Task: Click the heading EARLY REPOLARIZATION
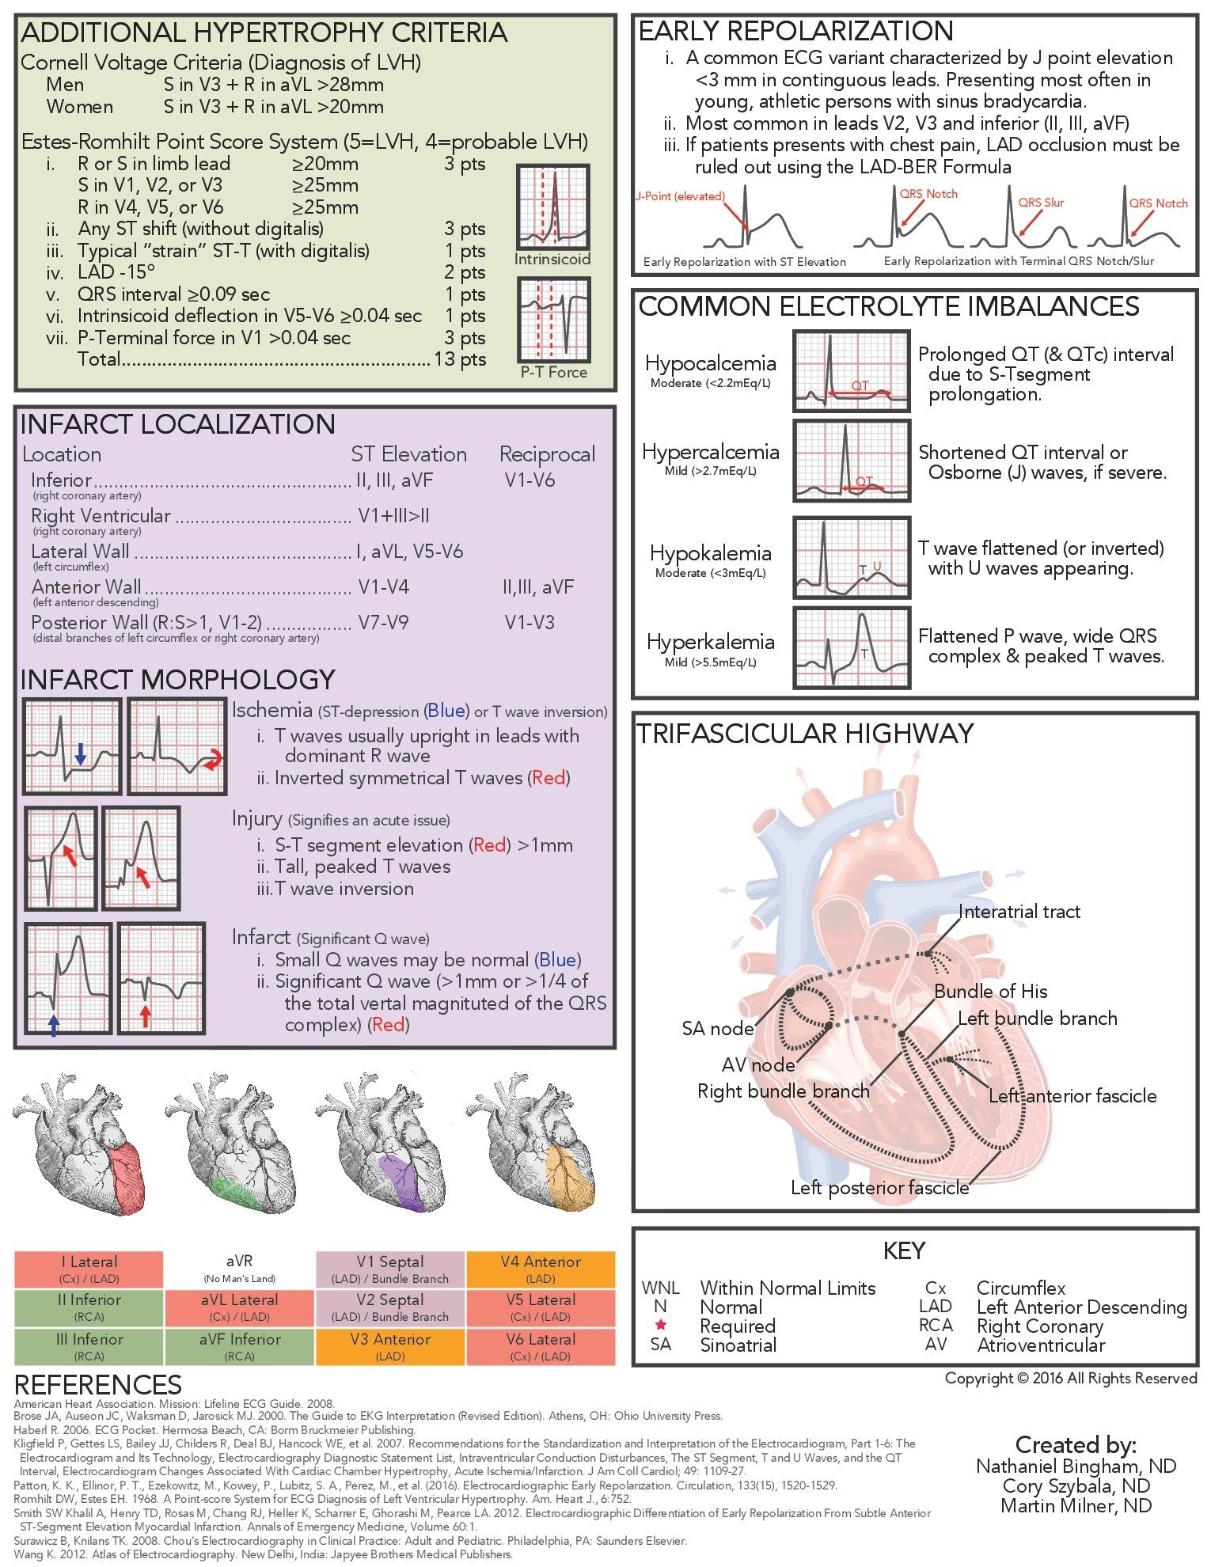point(795,31)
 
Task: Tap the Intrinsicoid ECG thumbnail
point(552,207)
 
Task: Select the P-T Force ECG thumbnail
point(553,320)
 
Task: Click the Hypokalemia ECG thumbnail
point(852,557)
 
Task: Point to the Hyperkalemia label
point(710,642)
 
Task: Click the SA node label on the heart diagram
point(718,1029)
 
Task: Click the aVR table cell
point(239,1269)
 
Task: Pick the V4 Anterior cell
point(541,1269)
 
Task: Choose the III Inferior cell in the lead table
point(89,1346)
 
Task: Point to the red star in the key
point(661,1325)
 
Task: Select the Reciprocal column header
point(547,454)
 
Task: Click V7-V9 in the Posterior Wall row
point(383,623)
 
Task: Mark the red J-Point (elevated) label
point(680,196)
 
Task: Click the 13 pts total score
point(459,359)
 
